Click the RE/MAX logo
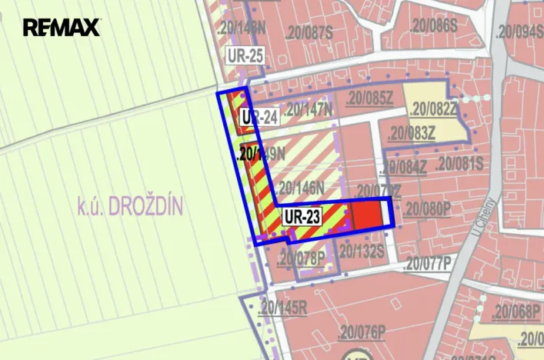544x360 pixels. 62,28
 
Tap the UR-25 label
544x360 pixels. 245,56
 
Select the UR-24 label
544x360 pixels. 259,118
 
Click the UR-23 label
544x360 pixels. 302,217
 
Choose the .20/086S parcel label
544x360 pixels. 434,25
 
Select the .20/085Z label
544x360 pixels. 369,98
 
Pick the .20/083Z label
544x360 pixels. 412,133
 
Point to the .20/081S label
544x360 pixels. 459,163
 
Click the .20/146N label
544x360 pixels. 300,186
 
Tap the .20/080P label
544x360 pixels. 427,207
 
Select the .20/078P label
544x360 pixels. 302,256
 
